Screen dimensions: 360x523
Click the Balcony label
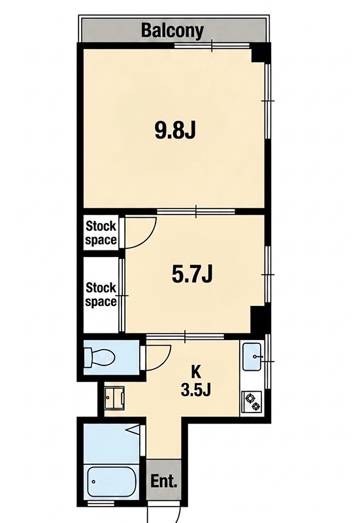pos(172,31)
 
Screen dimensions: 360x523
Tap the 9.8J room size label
pos(174,129)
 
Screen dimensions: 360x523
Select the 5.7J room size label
pos(192,275)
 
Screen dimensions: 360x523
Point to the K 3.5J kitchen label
pos(195,380)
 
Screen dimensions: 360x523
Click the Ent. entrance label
pos(164,481)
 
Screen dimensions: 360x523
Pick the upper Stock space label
pos(101,233)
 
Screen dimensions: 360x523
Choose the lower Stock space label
pos(101,294)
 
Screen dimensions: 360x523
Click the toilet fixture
pos(99,357)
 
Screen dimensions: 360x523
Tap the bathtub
pos(112,481)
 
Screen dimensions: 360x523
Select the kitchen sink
pos(252,356)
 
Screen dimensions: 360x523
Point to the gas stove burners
pos(252,401)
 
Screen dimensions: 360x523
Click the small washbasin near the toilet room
pos(114,398)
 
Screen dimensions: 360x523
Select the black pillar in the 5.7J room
pos(257,319)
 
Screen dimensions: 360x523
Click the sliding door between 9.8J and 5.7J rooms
pos(196,211)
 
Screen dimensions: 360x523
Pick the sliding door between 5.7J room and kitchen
pos(185,336)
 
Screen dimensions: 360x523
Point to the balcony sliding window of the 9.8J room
pos(212,46)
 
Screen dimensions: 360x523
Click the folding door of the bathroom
pos(137,430)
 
